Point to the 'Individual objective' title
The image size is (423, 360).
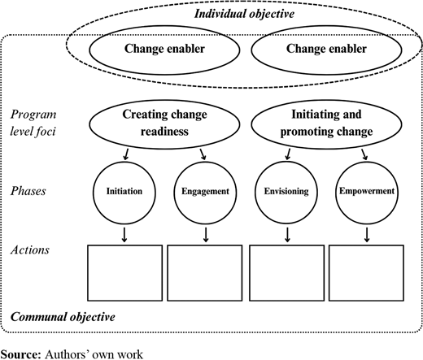(244, 14)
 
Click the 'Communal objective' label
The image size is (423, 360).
(63, 317)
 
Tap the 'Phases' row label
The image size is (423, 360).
(28, 191)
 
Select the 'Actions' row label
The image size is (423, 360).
(30, 249)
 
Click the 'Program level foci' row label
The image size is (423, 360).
(33, 123)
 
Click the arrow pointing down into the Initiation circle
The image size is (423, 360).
(126, 154)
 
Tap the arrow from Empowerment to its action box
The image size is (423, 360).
(367, 235)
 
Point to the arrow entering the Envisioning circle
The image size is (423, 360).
(288, 154)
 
